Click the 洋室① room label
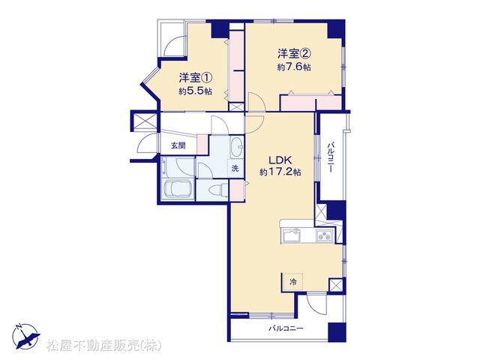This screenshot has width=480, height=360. [195, 78]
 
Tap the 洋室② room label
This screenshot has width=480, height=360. [294, 53]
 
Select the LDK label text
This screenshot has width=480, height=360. [280, 160]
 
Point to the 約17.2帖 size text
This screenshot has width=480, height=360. [280, 172]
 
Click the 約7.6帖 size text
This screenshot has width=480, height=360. [294, 67]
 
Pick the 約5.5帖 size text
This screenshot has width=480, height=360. [195, 91]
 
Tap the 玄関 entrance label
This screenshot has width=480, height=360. [178, 145]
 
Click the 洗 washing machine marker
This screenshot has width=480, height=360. [235, 168]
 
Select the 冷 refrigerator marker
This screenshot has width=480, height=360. [293, 282]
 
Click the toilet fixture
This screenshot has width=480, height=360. [218, 190]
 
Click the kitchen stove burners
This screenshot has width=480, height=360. [325, 235]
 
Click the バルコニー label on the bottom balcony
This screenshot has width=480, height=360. [286, 328]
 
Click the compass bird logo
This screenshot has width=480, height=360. [26, 337]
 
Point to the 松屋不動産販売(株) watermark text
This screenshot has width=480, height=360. [103, 345]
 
